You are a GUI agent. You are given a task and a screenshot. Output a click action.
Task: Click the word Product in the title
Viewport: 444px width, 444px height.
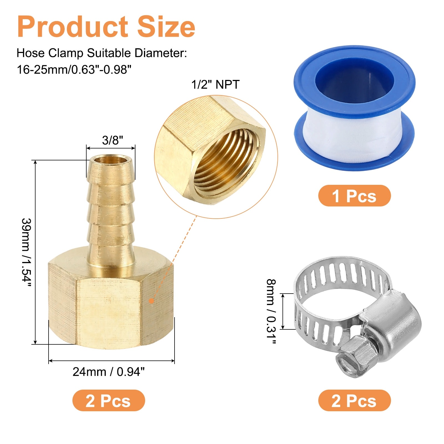[x=72, y=27]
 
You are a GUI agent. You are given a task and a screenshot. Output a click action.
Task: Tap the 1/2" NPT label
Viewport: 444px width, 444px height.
[x=215, y=84]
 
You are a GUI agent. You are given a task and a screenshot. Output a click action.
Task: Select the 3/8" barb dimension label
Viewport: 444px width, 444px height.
[x=112, y=140]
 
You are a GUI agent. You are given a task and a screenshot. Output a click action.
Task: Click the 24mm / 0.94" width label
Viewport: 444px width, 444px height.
[x=109, y=372]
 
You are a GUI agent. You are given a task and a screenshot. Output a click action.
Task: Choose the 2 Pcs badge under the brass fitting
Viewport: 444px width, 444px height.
[x=109, y=400]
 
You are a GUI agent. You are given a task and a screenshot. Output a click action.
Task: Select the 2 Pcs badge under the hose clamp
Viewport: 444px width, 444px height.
[x=354, y=400]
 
